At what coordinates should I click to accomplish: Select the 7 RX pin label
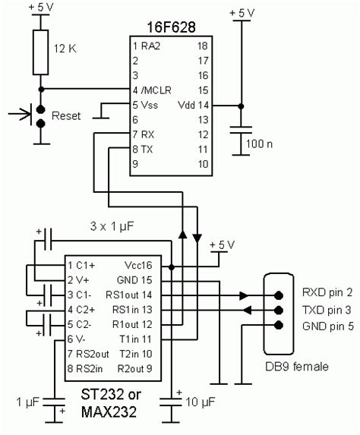coord(145,134)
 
